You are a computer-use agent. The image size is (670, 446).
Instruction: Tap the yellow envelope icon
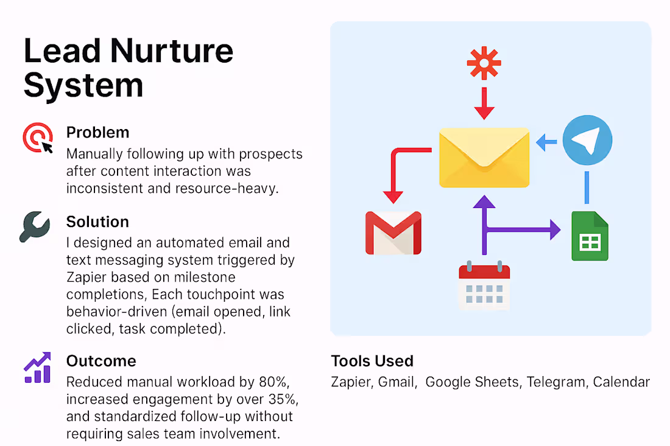484,157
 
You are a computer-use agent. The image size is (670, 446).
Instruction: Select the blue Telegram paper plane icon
587,141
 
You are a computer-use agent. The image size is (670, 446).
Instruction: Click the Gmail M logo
393,232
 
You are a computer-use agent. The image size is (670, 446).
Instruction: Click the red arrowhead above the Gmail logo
393,196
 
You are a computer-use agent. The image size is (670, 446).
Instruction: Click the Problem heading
97,132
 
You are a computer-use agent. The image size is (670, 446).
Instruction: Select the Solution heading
97,221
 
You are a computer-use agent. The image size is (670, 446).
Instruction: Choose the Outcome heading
100,361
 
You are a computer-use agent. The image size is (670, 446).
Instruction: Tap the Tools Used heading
372,361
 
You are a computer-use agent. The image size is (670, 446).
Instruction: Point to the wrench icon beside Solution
35,227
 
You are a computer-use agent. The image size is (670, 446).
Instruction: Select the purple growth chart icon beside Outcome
37,368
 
